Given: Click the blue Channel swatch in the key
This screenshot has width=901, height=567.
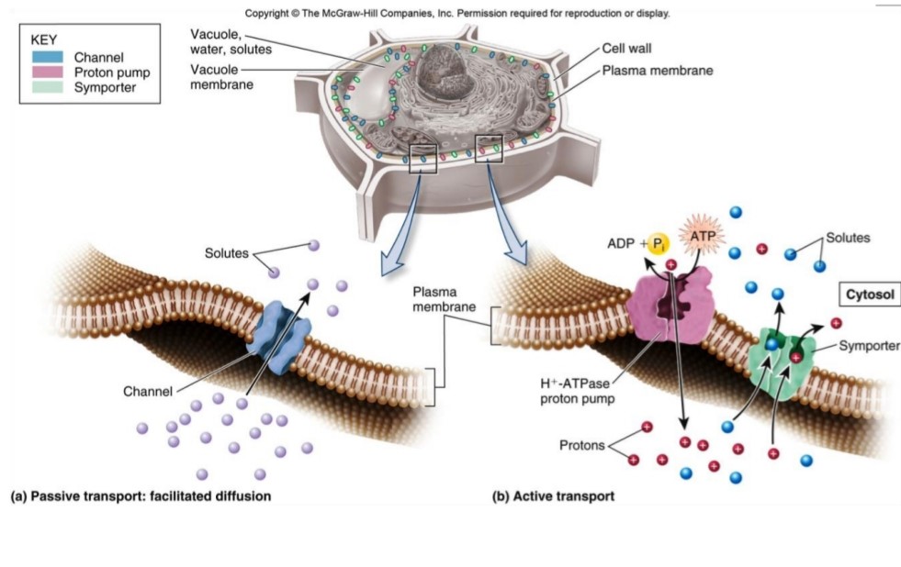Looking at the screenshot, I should coord(47,58).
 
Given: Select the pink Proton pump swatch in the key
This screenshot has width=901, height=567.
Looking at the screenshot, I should coord(47,72).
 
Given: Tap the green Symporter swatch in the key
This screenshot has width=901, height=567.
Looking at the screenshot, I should coord(47,87).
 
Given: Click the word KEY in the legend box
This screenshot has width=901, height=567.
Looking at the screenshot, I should coord(44,40).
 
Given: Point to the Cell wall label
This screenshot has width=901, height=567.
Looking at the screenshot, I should coord(626,49).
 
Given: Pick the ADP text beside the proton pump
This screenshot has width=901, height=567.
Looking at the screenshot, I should coord(621,244).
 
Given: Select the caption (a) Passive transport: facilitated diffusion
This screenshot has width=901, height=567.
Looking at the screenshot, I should coord(141,496).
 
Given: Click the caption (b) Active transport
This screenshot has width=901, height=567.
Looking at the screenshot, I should coord(553,496).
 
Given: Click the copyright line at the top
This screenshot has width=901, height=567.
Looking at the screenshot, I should coord(457,14).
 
